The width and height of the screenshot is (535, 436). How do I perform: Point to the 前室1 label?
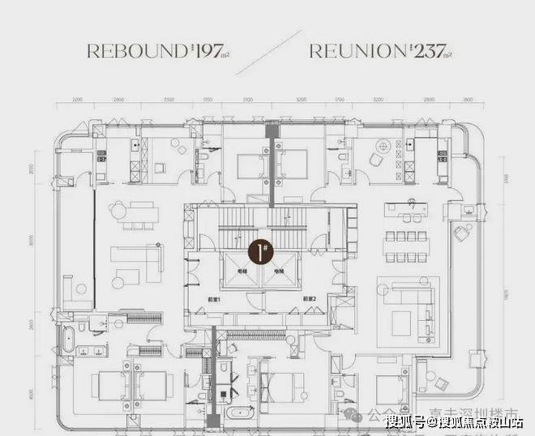[x=213, y=298]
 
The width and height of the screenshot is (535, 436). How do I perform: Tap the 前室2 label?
[x=309, y=298]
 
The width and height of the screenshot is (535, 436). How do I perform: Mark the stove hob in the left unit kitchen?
[x=102, y=155]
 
